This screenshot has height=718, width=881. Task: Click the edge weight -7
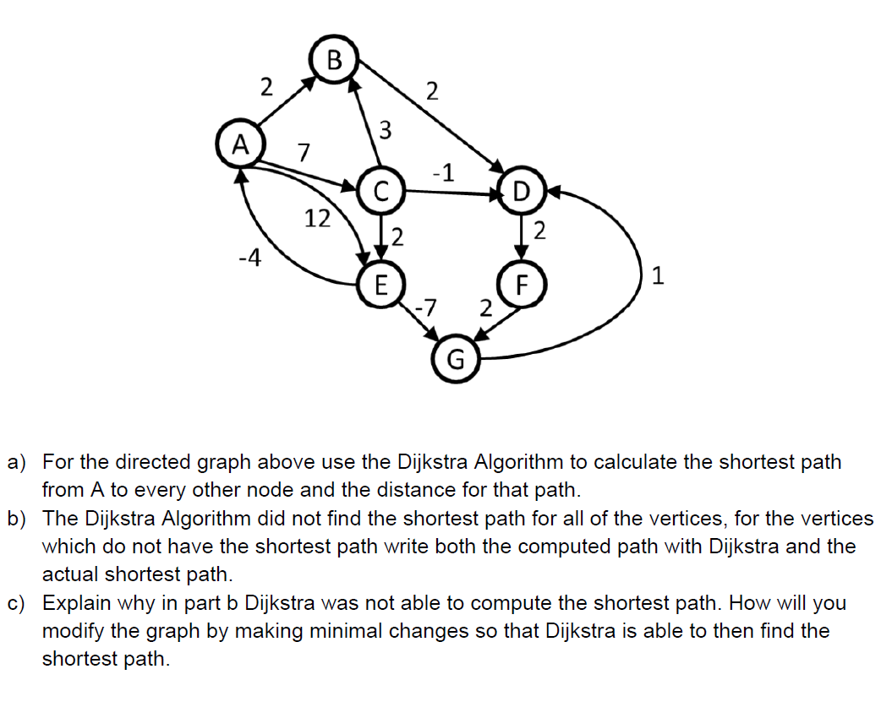427,306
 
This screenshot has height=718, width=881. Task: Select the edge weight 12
317,219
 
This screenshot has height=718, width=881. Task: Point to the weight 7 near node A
304,154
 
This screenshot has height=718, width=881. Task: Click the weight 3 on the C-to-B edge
385,130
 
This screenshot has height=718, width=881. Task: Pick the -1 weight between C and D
443,173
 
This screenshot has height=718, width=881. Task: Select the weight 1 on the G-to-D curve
659,275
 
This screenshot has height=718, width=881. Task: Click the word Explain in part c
79,603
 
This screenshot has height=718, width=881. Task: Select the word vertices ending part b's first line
827,518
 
